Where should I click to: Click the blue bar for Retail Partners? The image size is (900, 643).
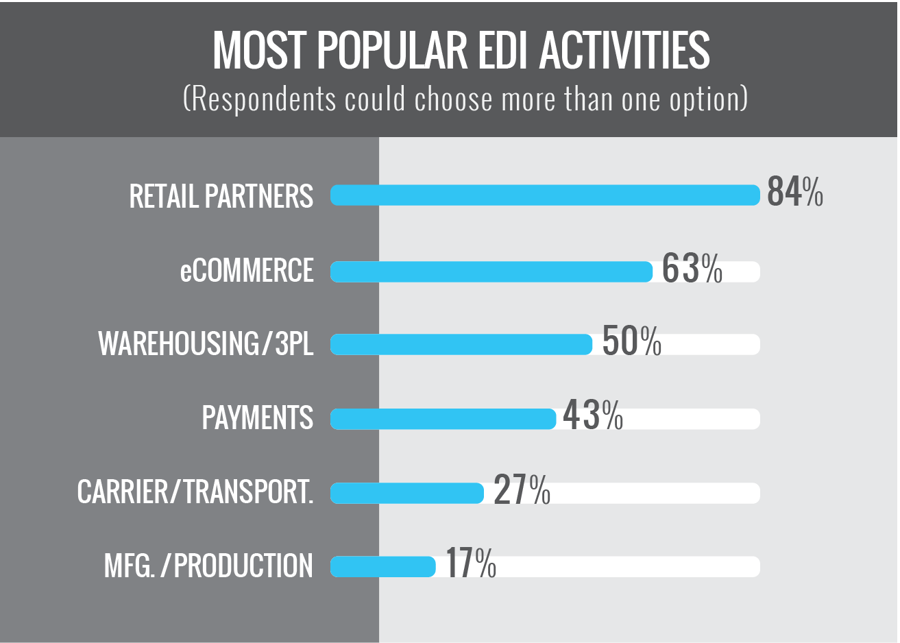(x=545, y=195)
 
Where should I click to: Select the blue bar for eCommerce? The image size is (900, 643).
(x=491, y=272)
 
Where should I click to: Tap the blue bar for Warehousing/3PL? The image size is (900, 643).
(x=461, y=344)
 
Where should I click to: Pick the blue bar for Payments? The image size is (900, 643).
(x=443, y=419)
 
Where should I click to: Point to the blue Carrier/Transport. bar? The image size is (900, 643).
(x=406, y=493)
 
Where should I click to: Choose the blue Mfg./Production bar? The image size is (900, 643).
(x=382, y=567)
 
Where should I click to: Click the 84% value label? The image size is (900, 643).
(x=794, y=192)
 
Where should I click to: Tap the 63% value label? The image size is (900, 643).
(x=692, y=269)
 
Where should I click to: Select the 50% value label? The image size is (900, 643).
(x=631, y=341)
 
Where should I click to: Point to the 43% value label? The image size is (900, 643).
(x=592, y=415)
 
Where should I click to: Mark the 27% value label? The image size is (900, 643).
(x=522, y=489)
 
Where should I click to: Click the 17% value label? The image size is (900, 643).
(x=471, y=563)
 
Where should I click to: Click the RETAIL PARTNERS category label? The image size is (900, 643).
(x=221, y=197)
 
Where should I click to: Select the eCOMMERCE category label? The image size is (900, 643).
(x=247, y=271)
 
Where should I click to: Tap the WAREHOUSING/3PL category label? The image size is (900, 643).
(x=206, y=343)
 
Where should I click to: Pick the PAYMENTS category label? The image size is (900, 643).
(x=257, y=417)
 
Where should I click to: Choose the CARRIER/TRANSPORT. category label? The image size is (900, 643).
(x=195, y=492)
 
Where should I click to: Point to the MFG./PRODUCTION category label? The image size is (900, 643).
(x=208, y=566)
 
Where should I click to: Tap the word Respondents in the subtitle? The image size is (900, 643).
(x=263, y=99)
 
